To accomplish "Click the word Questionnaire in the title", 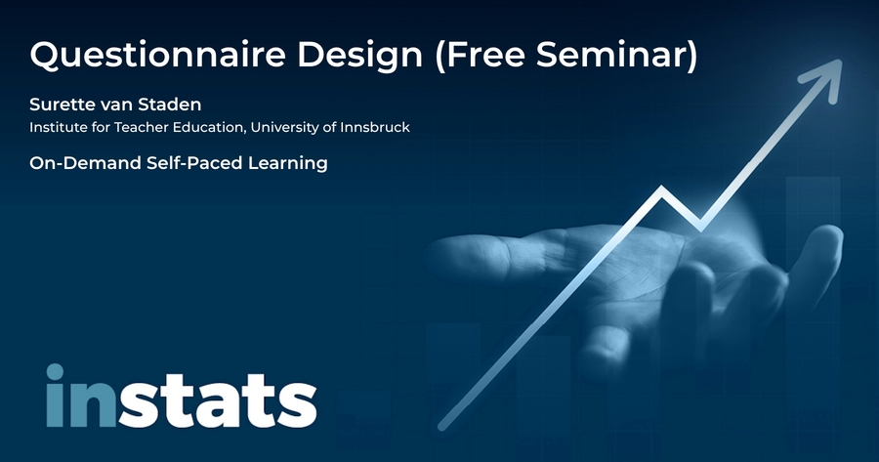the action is (x=157, y=56).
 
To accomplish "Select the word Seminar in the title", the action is (x=616, y=55).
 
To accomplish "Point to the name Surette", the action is (x=63, y=105).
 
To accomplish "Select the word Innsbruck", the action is (x=375, y=127).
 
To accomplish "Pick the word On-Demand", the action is (x=85, y=163).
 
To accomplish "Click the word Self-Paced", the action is (x=194, y=163).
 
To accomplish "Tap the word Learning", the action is (x=288, y=164).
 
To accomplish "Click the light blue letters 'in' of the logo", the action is (x=81, y=396).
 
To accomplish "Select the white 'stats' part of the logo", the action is (x=218, y=400).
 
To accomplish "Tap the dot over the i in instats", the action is (x=55, y=372).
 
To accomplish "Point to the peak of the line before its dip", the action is (x=662, y=189).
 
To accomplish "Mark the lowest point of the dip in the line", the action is (x=700, y=227).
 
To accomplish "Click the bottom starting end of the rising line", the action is (x=442, y=427).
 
